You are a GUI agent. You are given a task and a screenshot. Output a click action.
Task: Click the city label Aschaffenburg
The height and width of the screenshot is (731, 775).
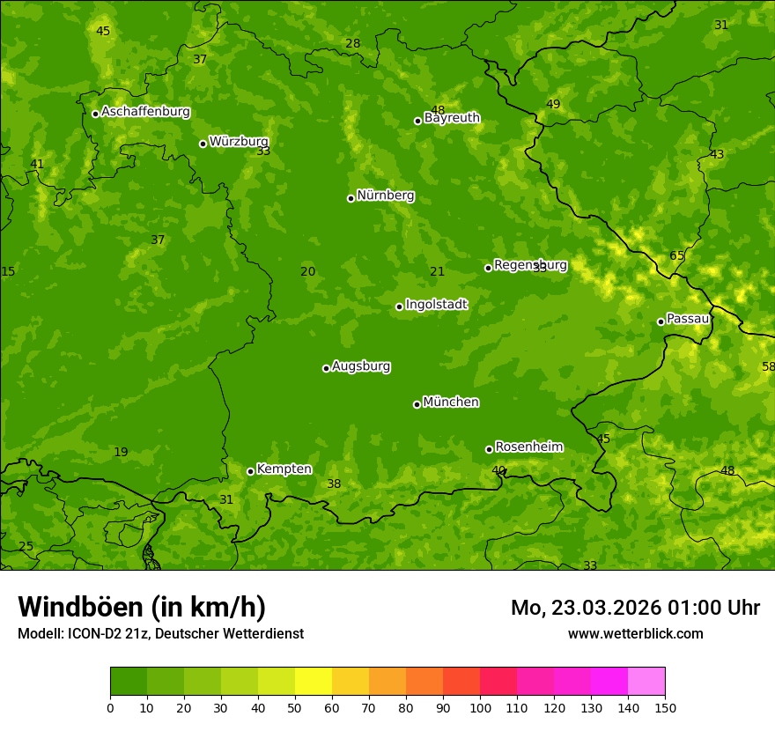click(145, 112)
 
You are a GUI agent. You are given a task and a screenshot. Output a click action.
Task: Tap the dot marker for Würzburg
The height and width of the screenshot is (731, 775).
click(203, 144)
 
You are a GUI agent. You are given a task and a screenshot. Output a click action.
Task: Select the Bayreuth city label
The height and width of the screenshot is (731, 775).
click(452, 118)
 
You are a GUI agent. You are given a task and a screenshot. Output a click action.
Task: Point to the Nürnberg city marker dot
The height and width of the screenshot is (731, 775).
click(351, 198)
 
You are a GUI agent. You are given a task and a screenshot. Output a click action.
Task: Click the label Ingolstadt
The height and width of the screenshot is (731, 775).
click(436, 305)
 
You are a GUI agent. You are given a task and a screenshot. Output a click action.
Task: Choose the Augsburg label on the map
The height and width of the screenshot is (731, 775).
click(361, 366)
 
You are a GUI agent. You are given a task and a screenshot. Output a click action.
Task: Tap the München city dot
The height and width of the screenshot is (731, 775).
click(417, 404)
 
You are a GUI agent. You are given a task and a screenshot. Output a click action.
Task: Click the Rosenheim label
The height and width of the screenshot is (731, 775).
click(528, 447)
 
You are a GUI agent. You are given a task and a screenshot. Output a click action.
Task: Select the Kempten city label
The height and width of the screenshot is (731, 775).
click(284, 469)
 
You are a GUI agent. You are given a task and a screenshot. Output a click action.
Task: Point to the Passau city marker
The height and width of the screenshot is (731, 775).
click(661, 321)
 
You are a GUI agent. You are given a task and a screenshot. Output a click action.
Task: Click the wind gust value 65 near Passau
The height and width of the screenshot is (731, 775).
click(676, 256)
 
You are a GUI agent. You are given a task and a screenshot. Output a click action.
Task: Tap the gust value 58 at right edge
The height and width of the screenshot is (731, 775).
click(768, 366)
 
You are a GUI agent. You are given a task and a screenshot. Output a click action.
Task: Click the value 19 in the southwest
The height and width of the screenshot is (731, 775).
click(121, 453)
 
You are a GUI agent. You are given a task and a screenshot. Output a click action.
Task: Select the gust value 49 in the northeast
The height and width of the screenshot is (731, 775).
click(553, 105)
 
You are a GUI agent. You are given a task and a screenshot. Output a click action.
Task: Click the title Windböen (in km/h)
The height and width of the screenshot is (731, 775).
click(141, 607)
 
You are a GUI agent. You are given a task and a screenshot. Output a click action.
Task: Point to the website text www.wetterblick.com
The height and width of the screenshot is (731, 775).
click(635, 633)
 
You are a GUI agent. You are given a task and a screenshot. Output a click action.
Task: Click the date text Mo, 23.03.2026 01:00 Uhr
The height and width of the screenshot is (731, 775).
click(635, 608)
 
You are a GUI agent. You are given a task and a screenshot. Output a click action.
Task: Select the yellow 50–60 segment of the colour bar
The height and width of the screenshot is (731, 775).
click(314, 682)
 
